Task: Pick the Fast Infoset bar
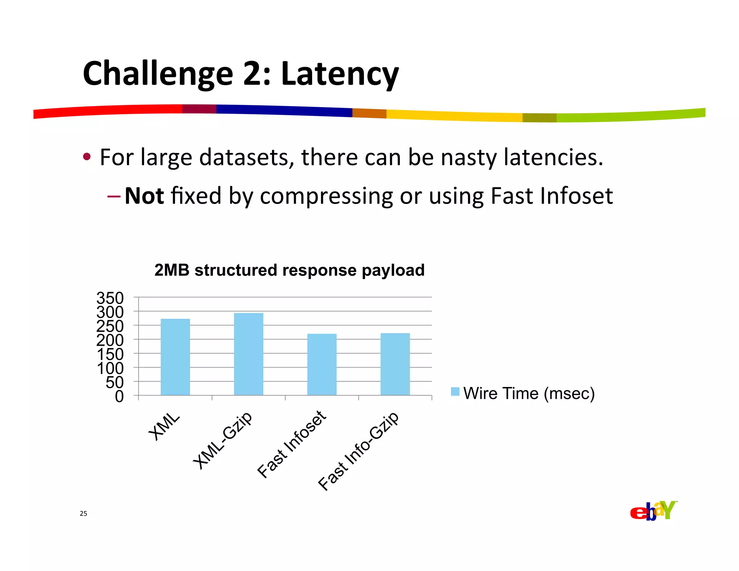[322, 364]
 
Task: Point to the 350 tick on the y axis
[110, 298]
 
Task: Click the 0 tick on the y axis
[119, 397]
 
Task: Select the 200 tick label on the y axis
[110, 340]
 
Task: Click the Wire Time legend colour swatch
[455, 392]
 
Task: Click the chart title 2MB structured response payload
[289, 270]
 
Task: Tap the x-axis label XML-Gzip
[223, 440]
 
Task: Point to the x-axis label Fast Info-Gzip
[358, 451]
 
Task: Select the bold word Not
[144, 196]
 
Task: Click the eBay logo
[653, 511]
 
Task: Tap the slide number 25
[83, 514]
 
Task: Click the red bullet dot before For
[87, 157]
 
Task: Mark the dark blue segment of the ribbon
[284, 110]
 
